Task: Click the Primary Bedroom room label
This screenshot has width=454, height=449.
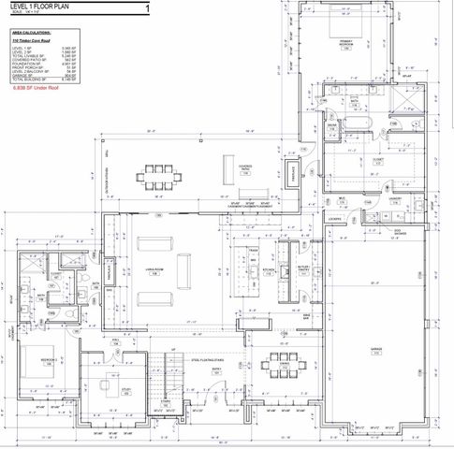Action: click(346, 43)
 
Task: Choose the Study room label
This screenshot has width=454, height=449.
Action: click(125, 390)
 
